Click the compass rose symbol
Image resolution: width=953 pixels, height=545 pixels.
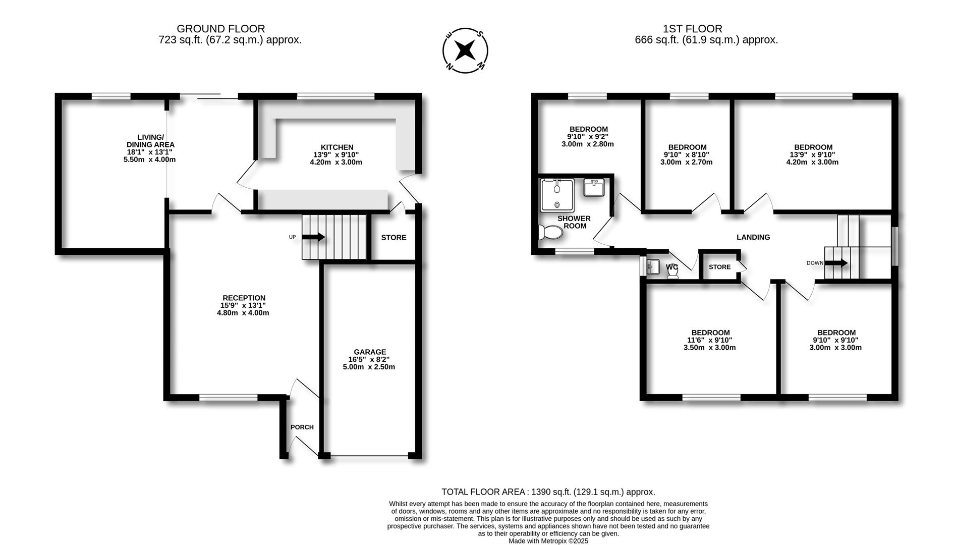tap(465, 50)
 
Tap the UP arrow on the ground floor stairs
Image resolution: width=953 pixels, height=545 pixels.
tap(313, 237)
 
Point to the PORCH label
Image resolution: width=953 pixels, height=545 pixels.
tap(302, 427)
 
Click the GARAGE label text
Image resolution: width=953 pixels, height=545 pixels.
tap(369, 352)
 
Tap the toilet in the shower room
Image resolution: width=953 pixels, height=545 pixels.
tap(551, 233)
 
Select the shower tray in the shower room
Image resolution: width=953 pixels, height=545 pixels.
tap(557, 195)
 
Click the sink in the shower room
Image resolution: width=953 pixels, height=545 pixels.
tap(594, 188)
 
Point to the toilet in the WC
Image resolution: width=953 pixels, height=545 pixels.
tap(672, 272)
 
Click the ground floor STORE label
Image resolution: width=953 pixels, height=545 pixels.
tap(394, 238)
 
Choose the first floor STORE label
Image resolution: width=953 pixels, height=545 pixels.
tap(719, 267)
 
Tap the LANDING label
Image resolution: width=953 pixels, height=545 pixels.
tap(753, 237)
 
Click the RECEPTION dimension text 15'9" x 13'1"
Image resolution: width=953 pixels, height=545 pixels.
tap(243, 305)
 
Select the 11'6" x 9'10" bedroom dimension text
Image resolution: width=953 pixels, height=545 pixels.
tap(710, 340)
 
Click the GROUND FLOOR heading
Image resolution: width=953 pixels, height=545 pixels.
tap(220, 29)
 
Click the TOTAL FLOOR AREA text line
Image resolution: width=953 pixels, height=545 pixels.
tap(548, 492)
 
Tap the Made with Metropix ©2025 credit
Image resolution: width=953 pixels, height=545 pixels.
tap(548, 541)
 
